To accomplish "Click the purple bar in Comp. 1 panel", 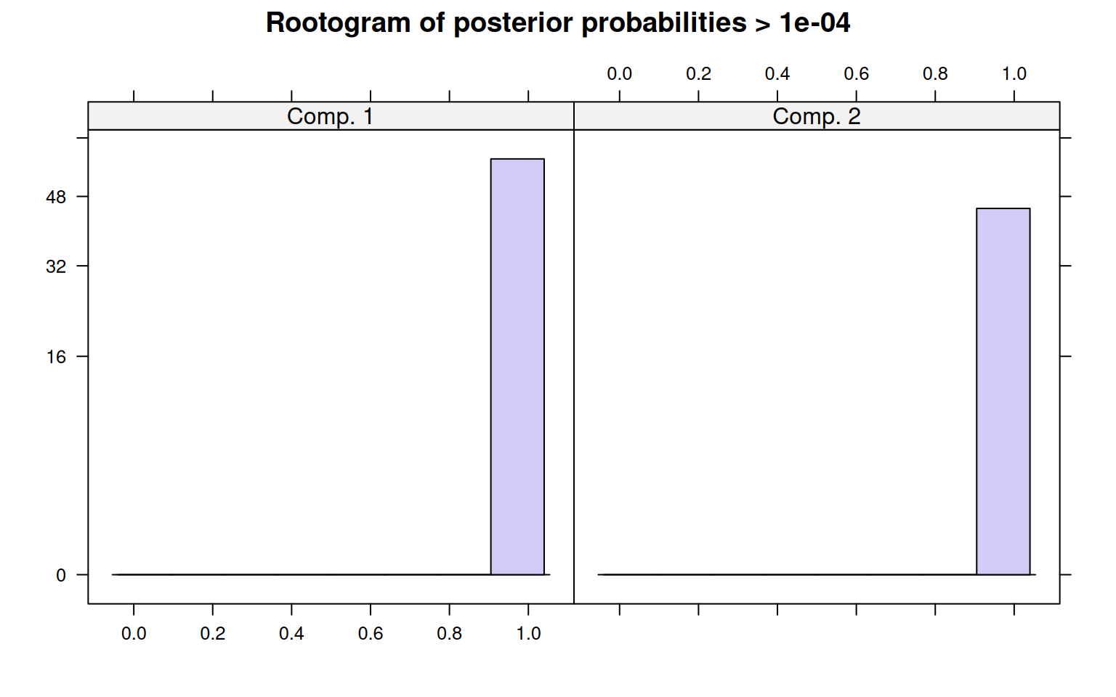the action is pos(517,367).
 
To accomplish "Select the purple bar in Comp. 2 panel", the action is pos(1003,391).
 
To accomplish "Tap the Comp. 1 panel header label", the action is pos(330,116).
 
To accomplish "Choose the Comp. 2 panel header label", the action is pos(817,116).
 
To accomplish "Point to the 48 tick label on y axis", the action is pos(56,197).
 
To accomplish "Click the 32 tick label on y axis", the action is pos(56,266).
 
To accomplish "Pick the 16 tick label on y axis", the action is pos(56,356).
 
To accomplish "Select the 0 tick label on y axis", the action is pos(61,575).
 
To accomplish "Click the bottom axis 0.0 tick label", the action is pos(134,633).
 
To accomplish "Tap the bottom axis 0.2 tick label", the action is pos(213,633).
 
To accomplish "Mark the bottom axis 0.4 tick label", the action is pos(291,633).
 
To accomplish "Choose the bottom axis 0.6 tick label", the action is pos(370,633).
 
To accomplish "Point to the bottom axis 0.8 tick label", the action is pos(450,633).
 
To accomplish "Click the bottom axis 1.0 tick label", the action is pos(528,633).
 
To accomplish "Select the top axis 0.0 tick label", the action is pos(619,73).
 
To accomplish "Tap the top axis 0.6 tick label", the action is pos(856,73).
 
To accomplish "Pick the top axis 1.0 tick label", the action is pos(1014,73).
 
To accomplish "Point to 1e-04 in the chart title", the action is pos(814,23).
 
